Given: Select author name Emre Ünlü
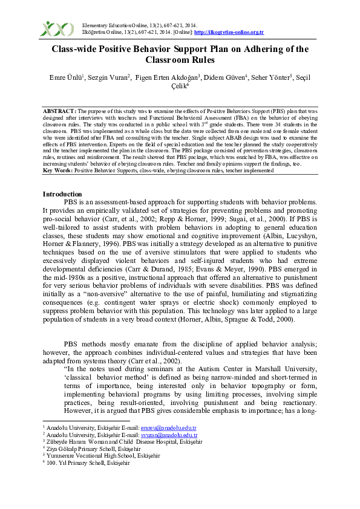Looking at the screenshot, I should [x=66, y=77].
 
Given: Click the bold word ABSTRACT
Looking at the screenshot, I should [x=59, y=112].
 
